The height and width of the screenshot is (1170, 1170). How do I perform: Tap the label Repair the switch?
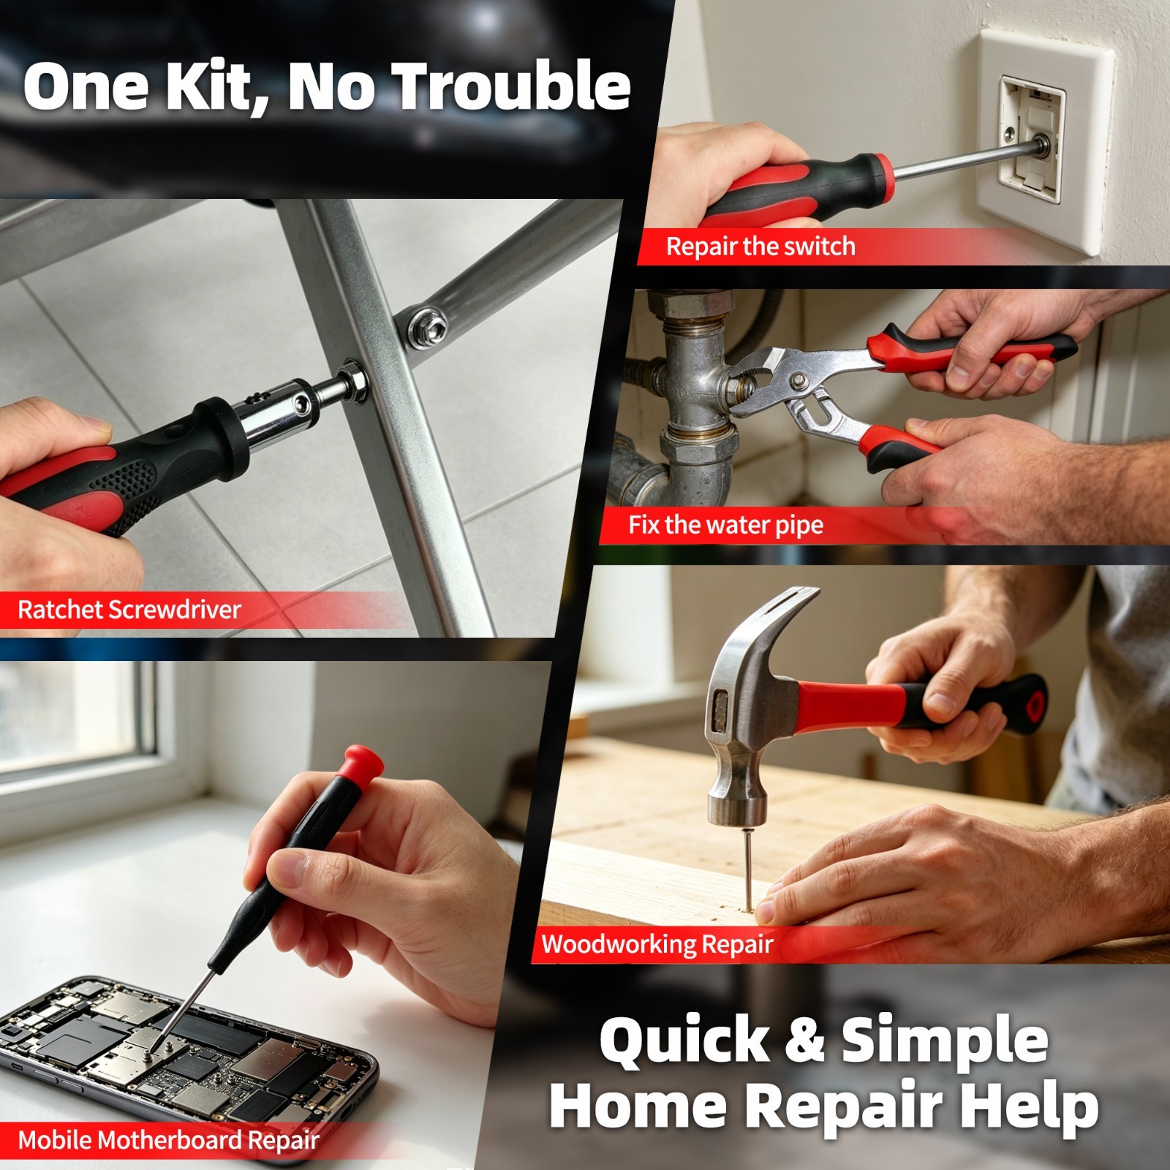click(760, 246)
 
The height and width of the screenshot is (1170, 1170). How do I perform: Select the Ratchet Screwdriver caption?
click(129, 609)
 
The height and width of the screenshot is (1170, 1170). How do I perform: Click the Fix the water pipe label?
click(726, 525)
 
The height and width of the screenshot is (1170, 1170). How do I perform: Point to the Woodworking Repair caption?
click(657, 944)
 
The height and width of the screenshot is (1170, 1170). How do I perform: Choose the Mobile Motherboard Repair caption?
click(169, 1140)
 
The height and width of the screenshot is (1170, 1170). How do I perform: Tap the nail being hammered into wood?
click(747, 869)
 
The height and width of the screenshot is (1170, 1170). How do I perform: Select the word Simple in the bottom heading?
click(944, 1039)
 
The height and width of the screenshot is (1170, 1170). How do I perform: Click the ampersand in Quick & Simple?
click(804, 1039)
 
